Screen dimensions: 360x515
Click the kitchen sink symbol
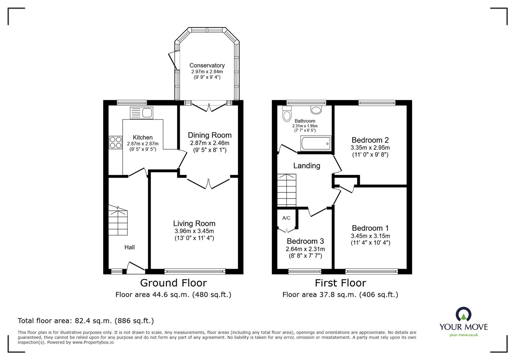[x=142, y=113]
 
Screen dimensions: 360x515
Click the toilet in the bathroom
[x=286, y=114]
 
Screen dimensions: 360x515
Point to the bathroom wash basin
[x=316, y=110]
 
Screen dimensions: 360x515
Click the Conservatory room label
[x=207, y=65]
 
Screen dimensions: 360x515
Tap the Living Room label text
[x=194, y=223]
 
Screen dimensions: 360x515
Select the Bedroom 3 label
[x=305, y=241]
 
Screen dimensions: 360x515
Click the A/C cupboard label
[x=286, y=218]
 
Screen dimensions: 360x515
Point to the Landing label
[x=306, y=166]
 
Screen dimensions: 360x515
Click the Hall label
[x=129, y=247]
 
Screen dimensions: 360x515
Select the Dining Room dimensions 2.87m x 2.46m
[x=210, y=143]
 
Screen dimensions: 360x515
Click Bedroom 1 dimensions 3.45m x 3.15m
[x=370, y=236]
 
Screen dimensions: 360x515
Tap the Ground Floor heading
[x=173, y=283]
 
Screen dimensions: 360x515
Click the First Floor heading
[x=340, y=283]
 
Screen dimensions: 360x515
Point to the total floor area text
[x=86, y=321]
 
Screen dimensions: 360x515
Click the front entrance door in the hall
[x=135, y=268]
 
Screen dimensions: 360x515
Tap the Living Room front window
[x=195, y=272]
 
